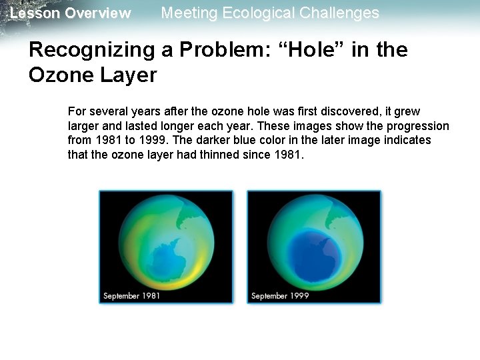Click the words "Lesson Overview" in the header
[x=70, y=13]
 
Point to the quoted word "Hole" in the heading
[x=325, y=50]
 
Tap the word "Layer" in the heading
[x=128, y=75]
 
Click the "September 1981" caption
[x=131, y=295]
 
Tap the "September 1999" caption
[x=280, y=295]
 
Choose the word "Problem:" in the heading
[x=219, y=50]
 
